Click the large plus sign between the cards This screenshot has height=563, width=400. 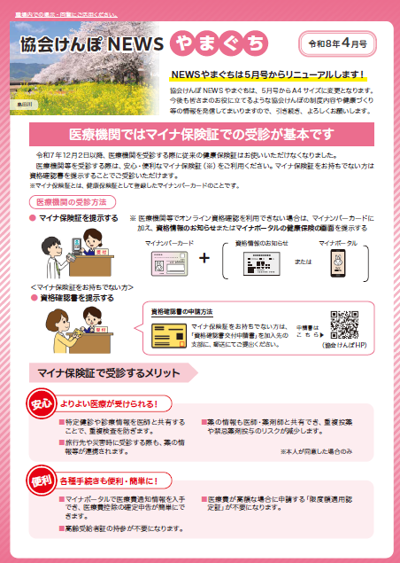[204, 258]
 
